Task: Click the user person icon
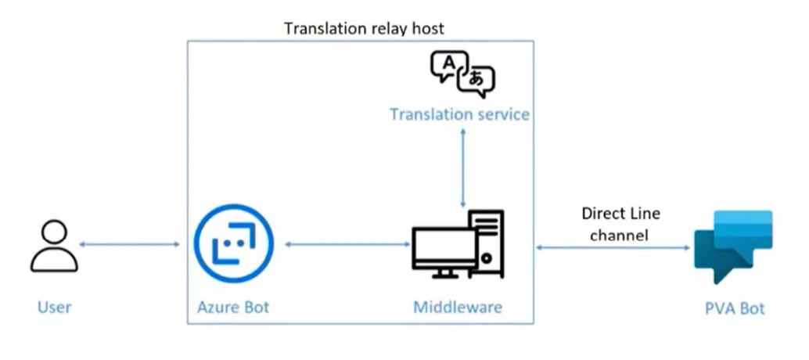(54, 246)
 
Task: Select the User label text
(54, 307)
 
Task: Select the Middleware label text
(457, 307)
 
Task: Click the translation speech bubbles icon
(462, 74)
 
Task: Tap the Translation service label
(459, 115)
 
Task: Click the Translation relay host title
(364, 29)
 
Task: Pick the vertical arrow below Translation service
(464, 168)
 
